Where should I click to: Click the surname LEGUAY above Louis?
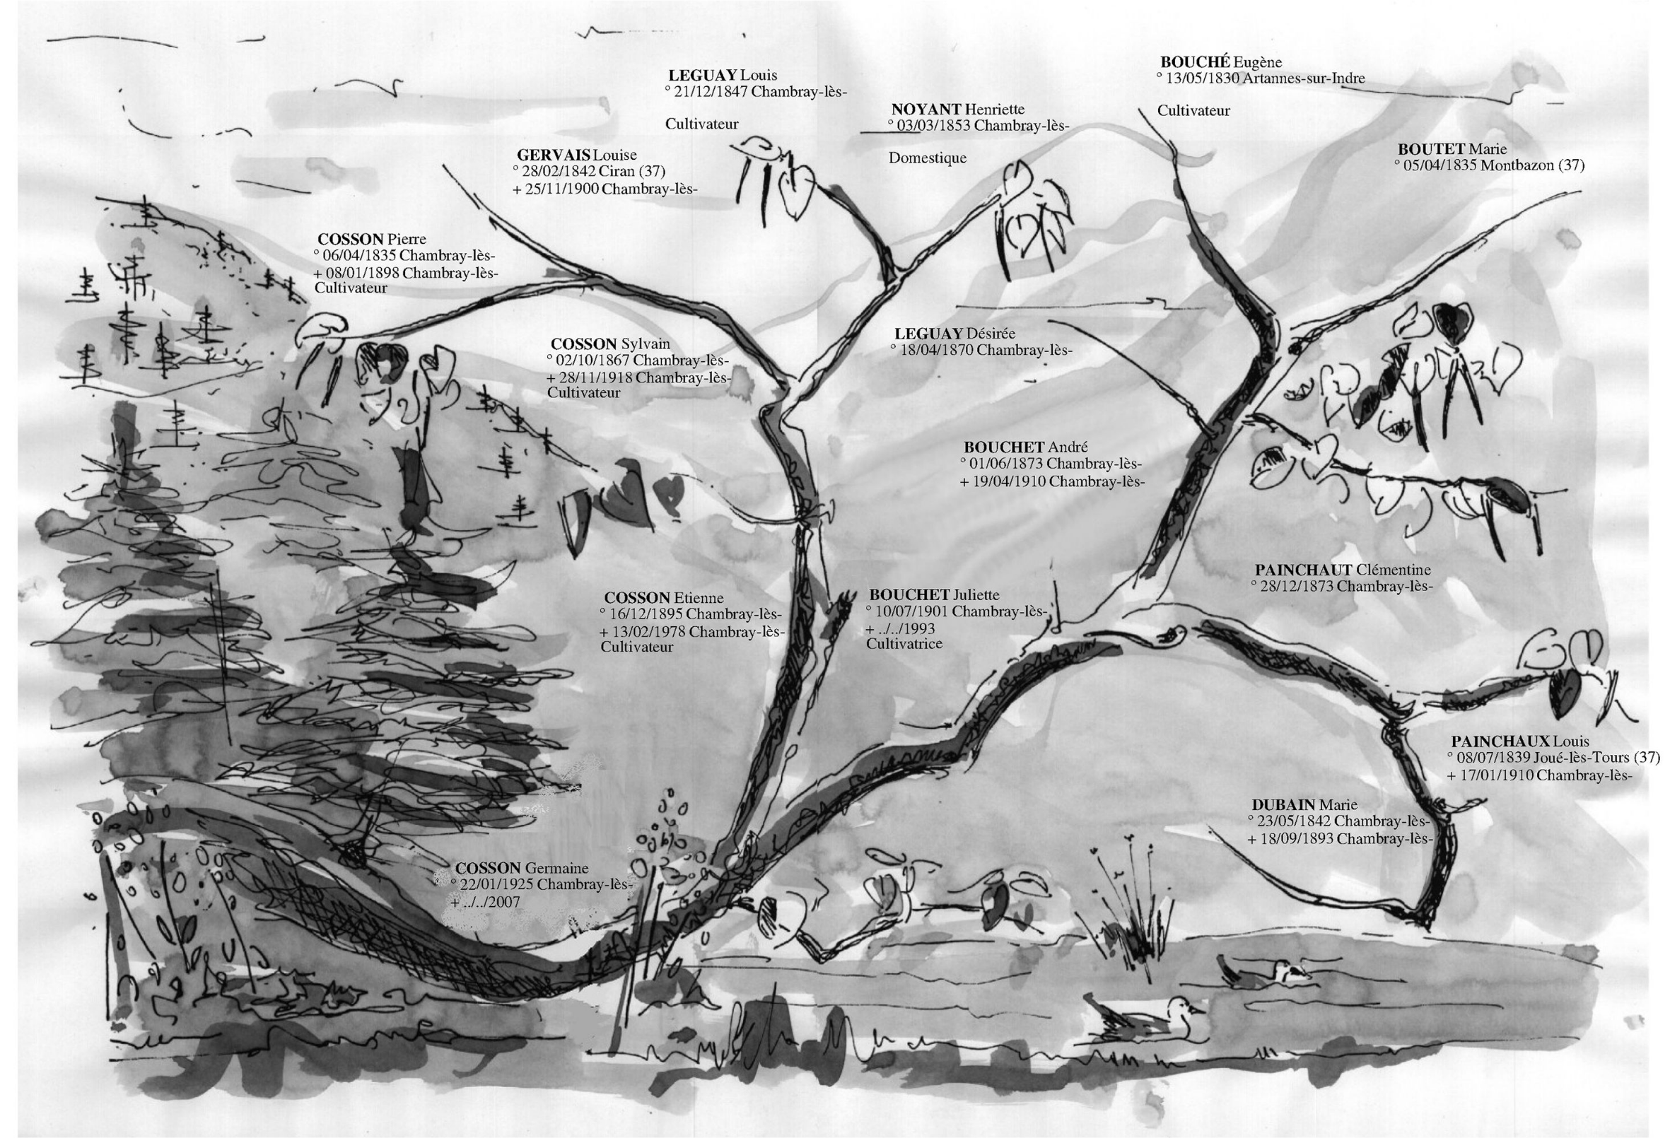(702, 75)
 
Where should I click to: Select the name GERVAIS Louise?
(576, 155)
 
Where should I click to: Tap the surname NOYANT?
(925, 109)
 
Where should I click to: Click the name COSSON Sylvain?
(610, 344)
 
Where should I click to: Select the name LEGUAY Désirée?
(954, 334)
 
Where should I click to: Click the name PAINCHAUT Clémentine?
(1343, 570)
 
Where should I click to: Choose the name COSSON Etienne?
(663, 598)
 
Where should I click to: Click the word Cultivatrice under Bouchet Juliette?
(904, 644)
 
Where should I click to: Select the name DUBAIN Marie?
(1304, 804)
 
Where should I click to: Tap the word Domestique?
(927, 158)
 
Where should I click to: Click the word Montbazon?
(1517, 165)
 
